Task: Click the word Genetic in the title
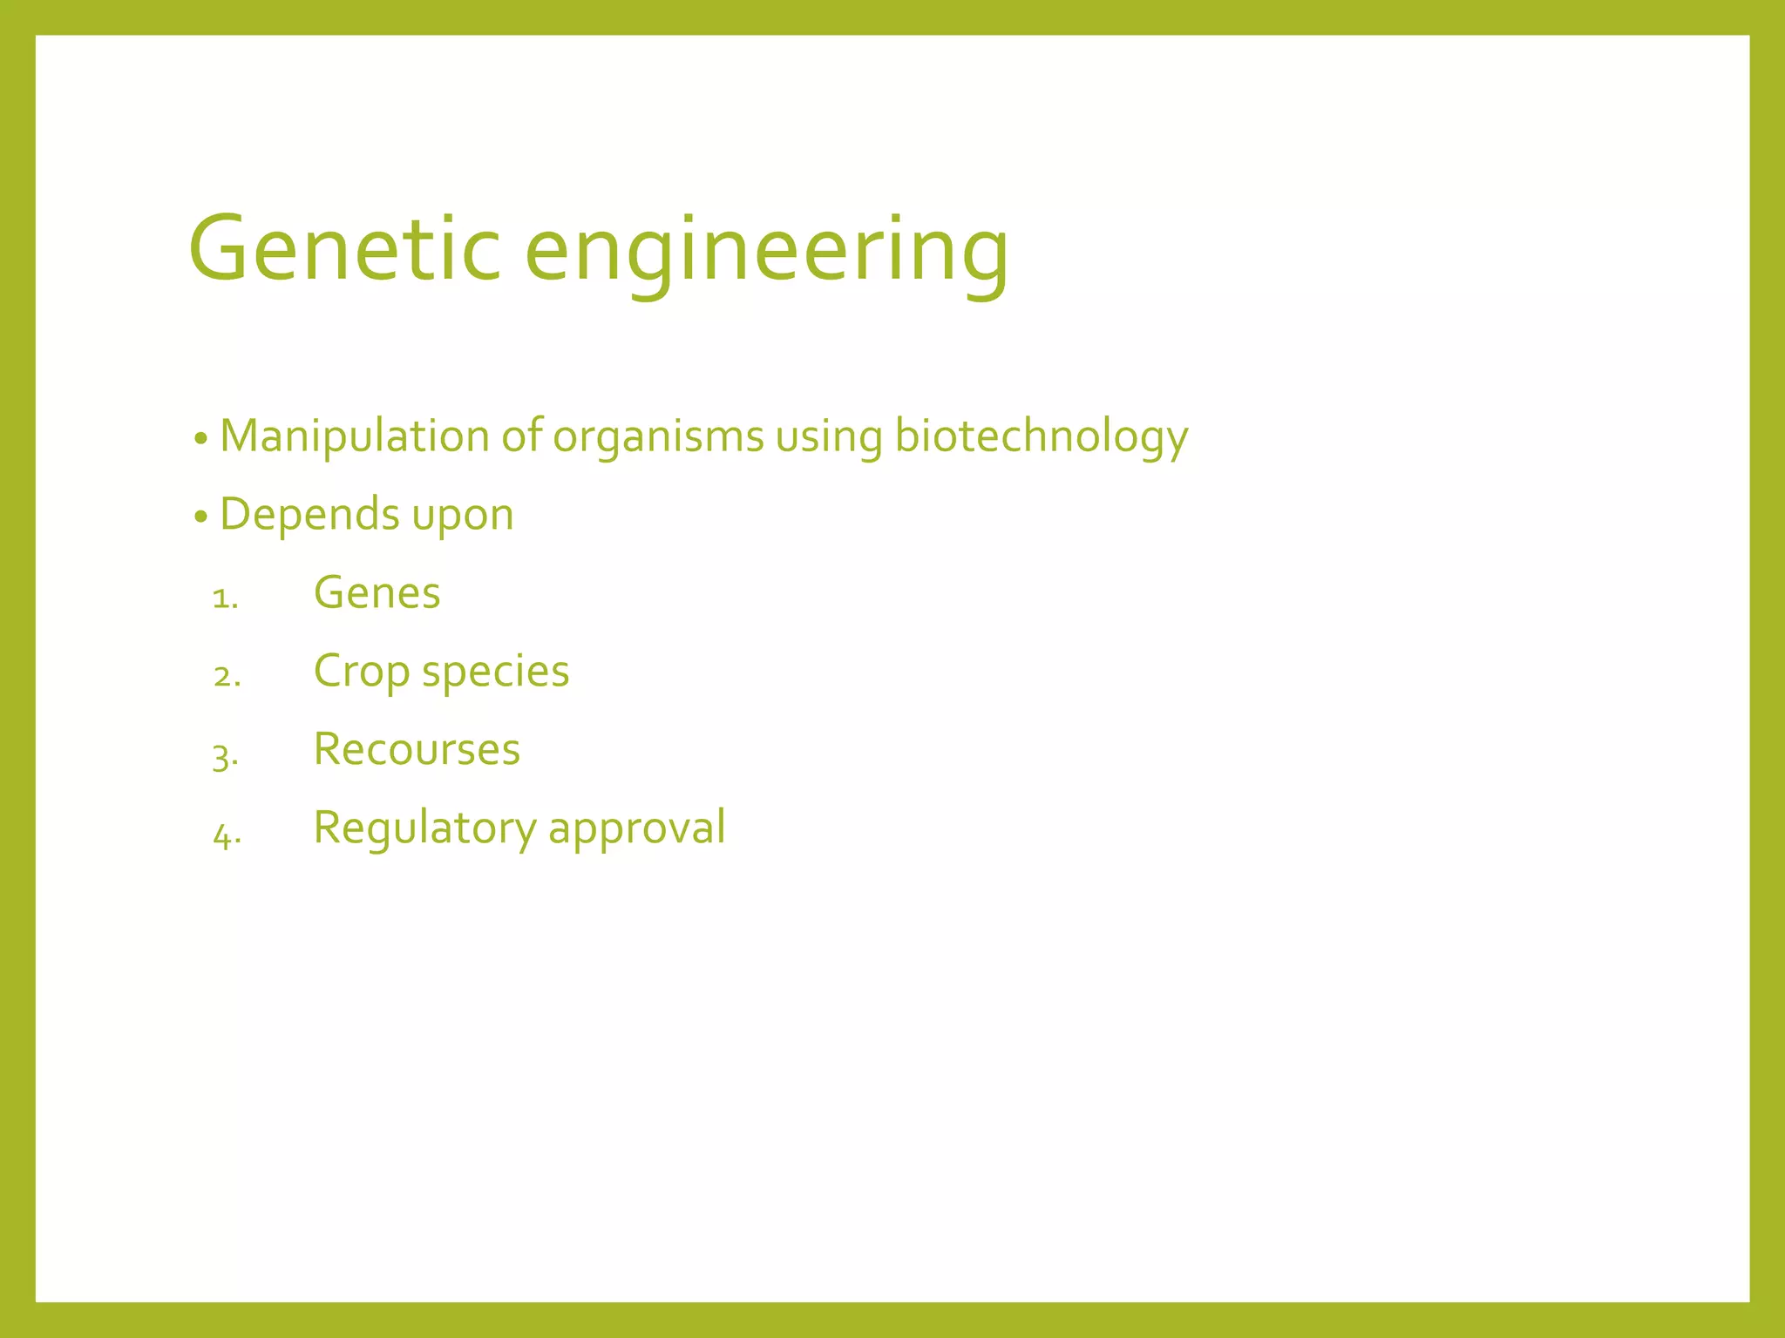tap(344, 249)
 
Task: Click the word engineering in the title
tap(766, 253)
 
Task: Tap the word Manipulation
tap(354, 436)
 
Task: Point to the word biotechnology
tap(1041, 436)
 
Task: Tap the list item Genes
tap(377, 593)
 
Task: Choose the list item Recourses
tap(417, 750)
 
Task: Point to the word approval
tap(636, 829)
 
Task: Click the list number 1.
tap(224, 598)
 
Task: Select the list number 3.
tap(224, 756)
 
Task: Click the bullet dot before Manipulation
tap(201, 439)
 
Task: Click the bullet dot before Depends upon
tap(201, 517)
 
